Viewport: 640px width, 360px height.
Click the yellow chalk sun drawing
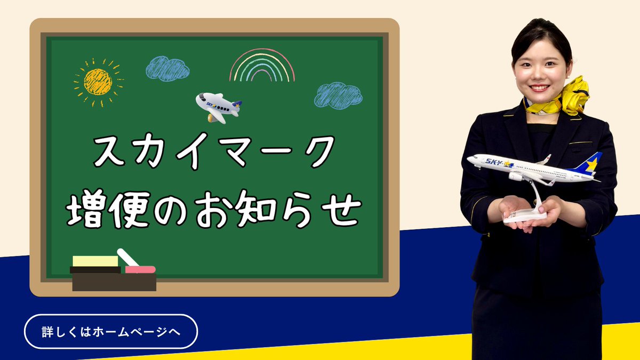click(x=98, y=82)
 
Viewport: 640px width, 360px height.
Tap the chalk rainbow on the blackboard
click(x=262, y=67)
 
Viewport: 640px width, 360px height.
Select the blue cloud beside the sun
click(x=167, y=68)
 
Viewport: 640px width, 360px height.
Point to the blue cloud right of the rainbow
click(x=338, y=95)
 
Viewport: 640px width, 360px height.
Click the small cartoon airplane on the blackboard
click(x=218, y=107)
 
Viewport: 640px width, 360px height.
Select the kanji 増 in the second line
click(x=84, y=209)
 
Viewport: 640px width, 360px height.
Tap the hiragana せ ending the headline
click(x=341, y=209)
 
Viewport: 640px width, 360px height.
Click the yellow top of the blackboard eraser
click(x=95, y=261)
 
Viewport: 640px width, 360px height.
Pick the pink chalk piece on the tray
click(x=140, y=269)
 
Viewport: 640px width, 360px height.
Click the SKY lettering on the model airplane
click(x=492, y=161)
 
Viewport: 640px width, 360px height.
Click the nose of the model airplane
click(x=470, y=159)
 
